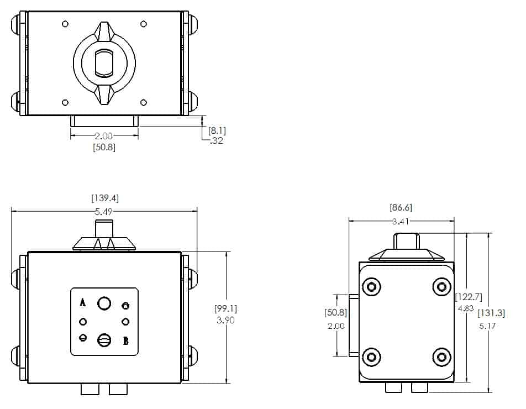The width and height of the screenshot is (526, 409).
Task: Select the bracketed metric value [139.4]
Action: tap(104, 198)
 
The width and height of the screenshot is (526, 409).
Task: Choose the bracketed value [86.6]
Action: tap(401, 208)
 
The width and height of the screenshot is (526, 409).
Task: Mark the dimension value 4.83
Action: tap(465, 308)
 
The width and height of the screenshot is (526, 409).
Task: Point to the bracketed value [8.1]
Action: tap(217, 130)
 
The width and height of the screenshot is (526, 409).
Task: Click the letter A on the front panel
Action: tap(83, 302)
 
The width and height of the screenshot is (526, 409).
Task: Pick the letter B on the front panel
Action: tap(126, 341)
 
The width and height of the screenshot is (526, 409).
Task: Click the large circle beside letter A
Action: tap(104, 303)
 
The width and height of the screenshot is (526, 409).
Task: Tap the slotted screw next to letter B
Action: tap(104, 340)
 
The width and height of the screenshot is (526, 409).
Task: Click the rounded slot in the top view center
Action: tap(104, 62)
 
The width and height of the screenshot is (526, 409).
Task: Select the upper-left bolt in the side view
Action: tap(371, 286)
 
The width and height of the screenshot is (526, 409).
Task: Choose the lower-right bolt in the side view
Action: tap(441, 356)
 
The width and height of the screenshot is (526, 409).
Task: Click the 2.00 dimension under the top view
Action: tap(104, 135)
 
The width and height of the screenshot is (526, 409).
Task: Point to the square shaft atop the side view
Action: tap(406, 241)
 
